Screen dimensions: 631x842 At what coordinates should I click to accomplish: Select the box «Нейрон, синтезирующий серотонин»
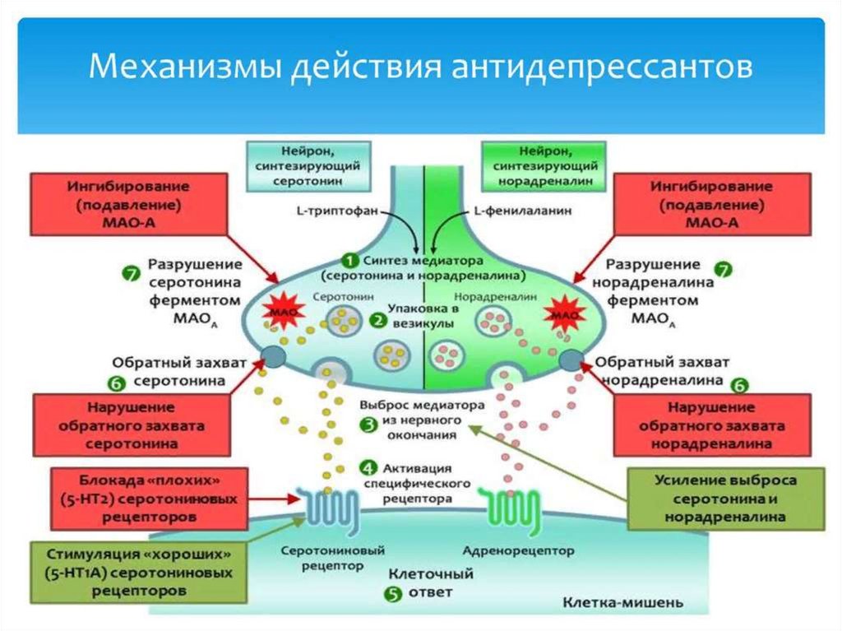coord(308,165)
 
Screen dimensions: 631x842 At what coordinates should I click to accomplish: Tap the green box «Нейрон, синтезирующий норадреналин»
coord(544,165)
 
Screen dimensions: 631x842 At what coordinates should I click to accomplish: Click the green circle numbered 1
coord(348,258)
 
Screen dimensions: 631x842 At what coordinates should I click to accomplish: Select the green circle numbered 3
coord(368,422)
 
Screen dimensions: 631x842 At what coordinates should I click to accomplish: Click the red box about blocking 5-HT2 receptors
coord(149,499)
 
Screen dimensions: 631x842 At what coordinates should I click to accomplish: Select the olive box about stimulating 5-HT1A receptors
coord(138,570)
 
